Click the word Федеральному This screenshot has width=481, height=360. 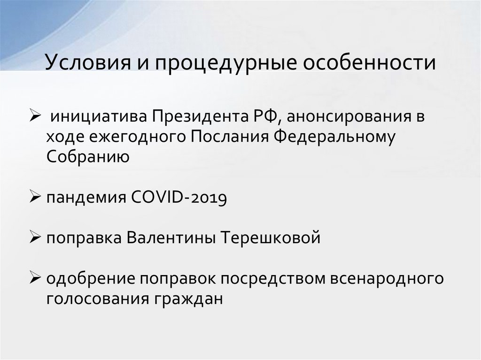point(334,137)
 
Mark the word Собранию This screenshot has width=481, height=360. point(88,156)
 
